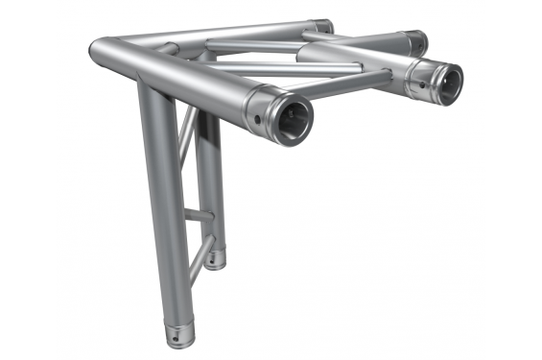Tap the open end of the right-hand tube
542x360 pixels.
pyautogui.click(x=444, y=83)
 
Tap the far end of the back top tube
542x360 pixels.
pyautogui.click(x=324, y=26)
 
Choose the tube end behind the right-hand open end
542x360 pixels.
pyautogui.click(x=415, y=41)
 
